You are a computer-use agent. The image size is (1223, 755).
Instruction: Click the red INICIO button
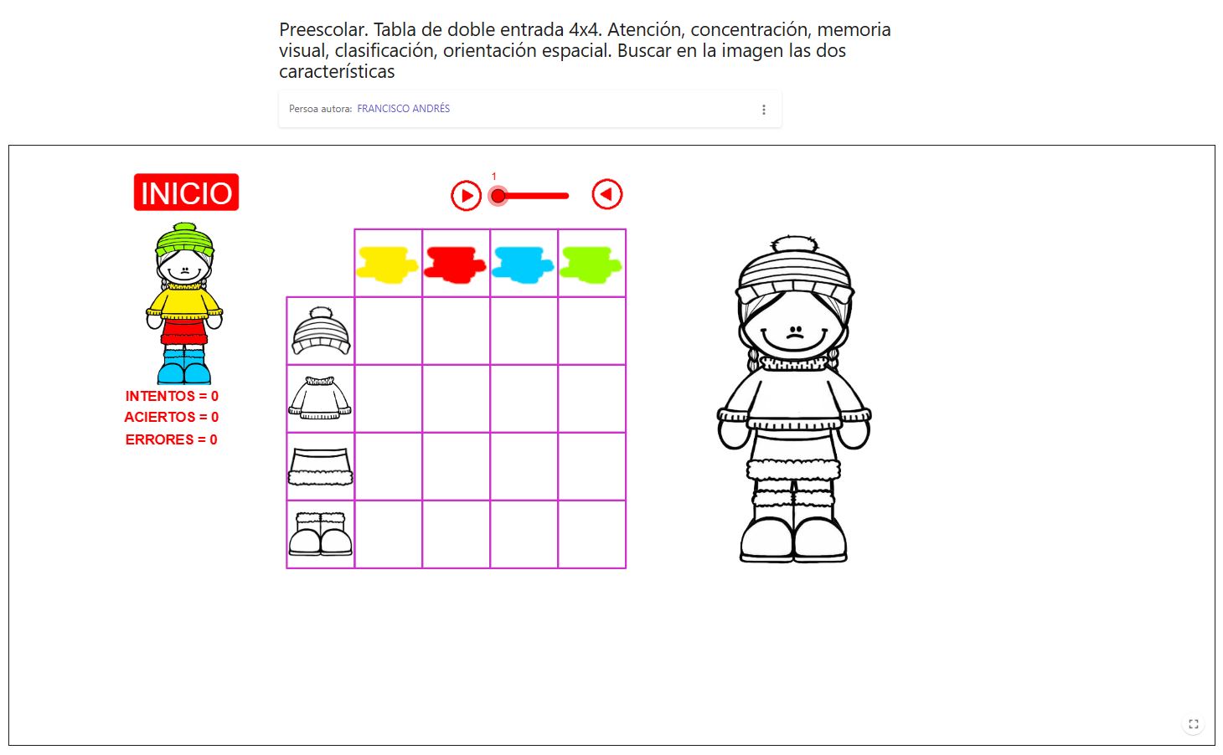[186, 193]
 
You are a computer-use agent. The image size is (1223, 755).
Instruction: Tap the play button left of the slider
[466, 196]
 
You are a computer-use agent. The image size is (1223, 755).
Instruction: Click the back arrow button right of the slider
[607, 194]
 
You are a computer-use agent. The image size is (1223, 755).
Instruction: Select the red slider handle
[498, 196]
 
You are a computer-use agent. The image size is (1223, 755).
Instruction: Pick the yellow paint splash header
[387, 264]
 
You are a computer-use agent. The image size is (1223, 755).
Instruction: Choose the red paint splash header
[455, 264]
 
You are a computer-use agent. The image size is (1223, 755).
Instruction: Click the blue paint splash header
[524, 264]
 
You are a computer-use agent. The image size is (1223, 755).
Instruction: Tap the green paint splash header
[591, 264]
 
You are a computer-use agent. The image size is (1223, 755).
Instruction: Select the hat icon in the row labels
[321, 331]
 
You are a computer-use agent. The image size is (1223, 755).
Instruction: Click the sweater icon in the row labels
[320, 398]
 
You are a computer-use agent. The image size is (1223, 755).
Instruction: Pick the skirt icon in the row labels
[320, 466]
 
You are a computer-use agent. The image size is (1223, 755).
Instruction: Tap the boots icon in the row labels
[320, 534]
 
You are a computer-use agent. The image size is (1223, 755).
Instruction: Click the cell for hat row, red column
[456, 331]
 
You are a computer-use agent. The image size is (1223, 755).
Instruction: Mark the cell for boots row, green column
[591, 534]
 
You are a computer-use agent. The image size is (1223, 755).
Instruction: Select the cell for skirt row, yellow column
[388, 466]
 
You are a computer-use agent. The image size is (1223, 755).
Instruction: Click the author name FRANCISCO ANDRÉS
[403, 109]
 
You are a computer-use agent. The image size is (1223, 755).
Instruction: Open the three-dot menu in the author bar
[763, 110]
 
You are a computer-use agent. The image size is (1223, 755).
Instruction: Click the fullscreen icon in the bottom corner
[1194, 724]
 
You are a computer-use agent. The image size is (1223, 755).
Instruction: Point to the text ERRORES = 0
[171, 439]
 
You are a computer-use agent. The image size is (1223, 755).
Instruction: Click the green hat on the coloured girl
[184, 240]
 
